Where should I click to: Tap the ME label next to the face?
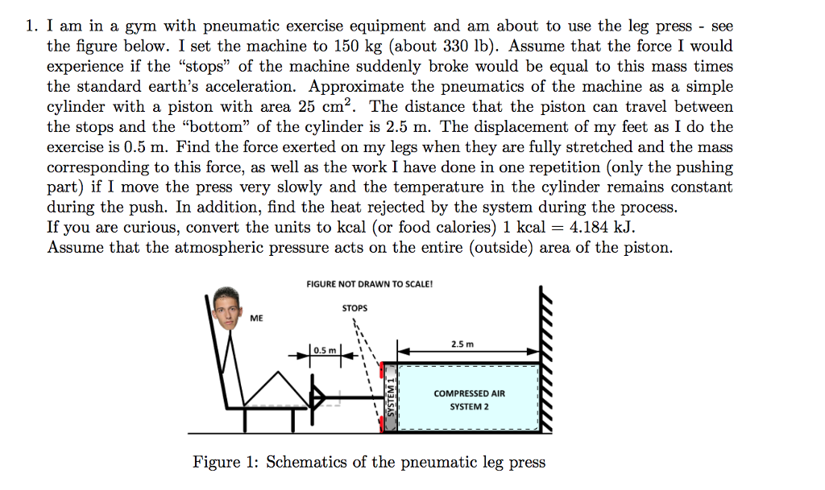(256, 319)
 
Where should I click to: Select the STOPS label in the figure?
(354, 307)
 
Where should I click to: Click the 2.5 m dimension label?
(462, 344)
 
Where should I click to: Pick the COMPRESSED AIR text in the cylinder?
(469, 393)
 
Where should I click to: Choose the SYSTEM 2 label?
(469, 407)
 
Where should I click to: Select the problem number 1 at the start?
(30, 27)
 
